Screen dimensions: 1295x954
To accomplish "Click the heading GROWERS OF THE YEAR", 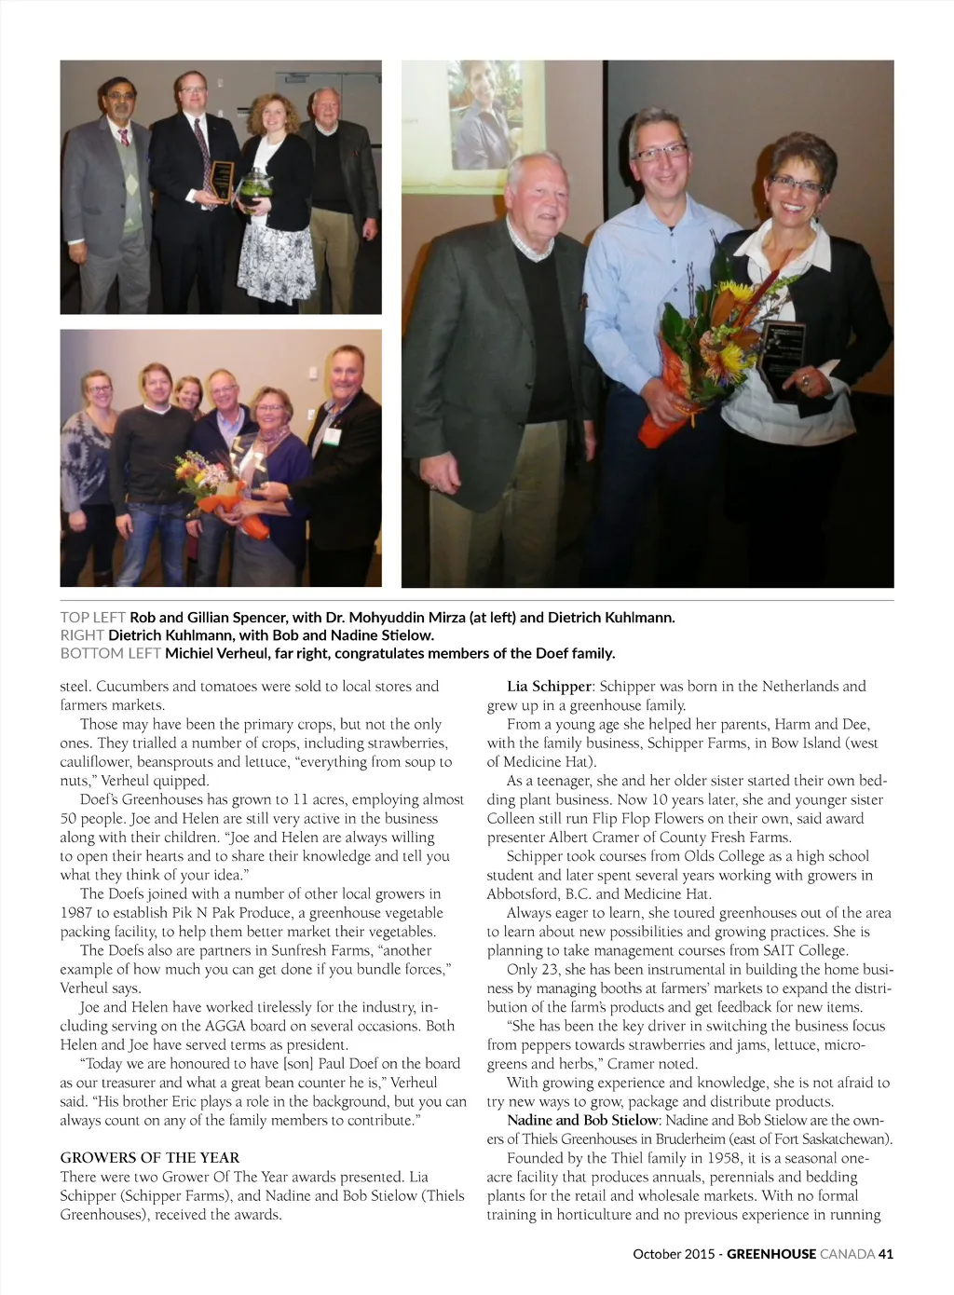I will coord(150,1158).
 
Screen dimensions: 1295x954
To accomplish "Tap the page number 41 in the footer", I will coord(885,1254).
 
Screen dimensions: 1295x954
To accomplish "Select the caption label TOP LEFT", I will coord(93,618).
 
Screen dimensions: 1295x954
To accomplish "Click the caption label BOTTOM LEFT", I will coord(110,653).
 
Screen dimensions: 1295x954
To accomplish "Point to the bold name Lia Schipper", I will coord(549,687).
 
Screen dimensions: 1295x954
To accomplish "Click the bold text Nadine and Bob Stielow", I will coord(582,1121).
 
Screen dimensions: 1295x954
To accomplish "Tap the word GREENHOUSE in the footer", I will coord(771,1254).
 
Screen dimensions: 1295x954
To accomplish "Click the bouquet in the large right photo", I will coord(708,354).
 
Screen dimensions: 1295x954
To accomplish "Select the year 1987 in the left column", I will coord(77,913).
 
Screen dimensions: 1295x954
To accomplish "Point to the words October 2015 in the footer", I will coord(674,1254).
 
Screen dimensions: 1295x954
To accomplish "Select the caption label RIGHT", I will coord(82,635).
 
